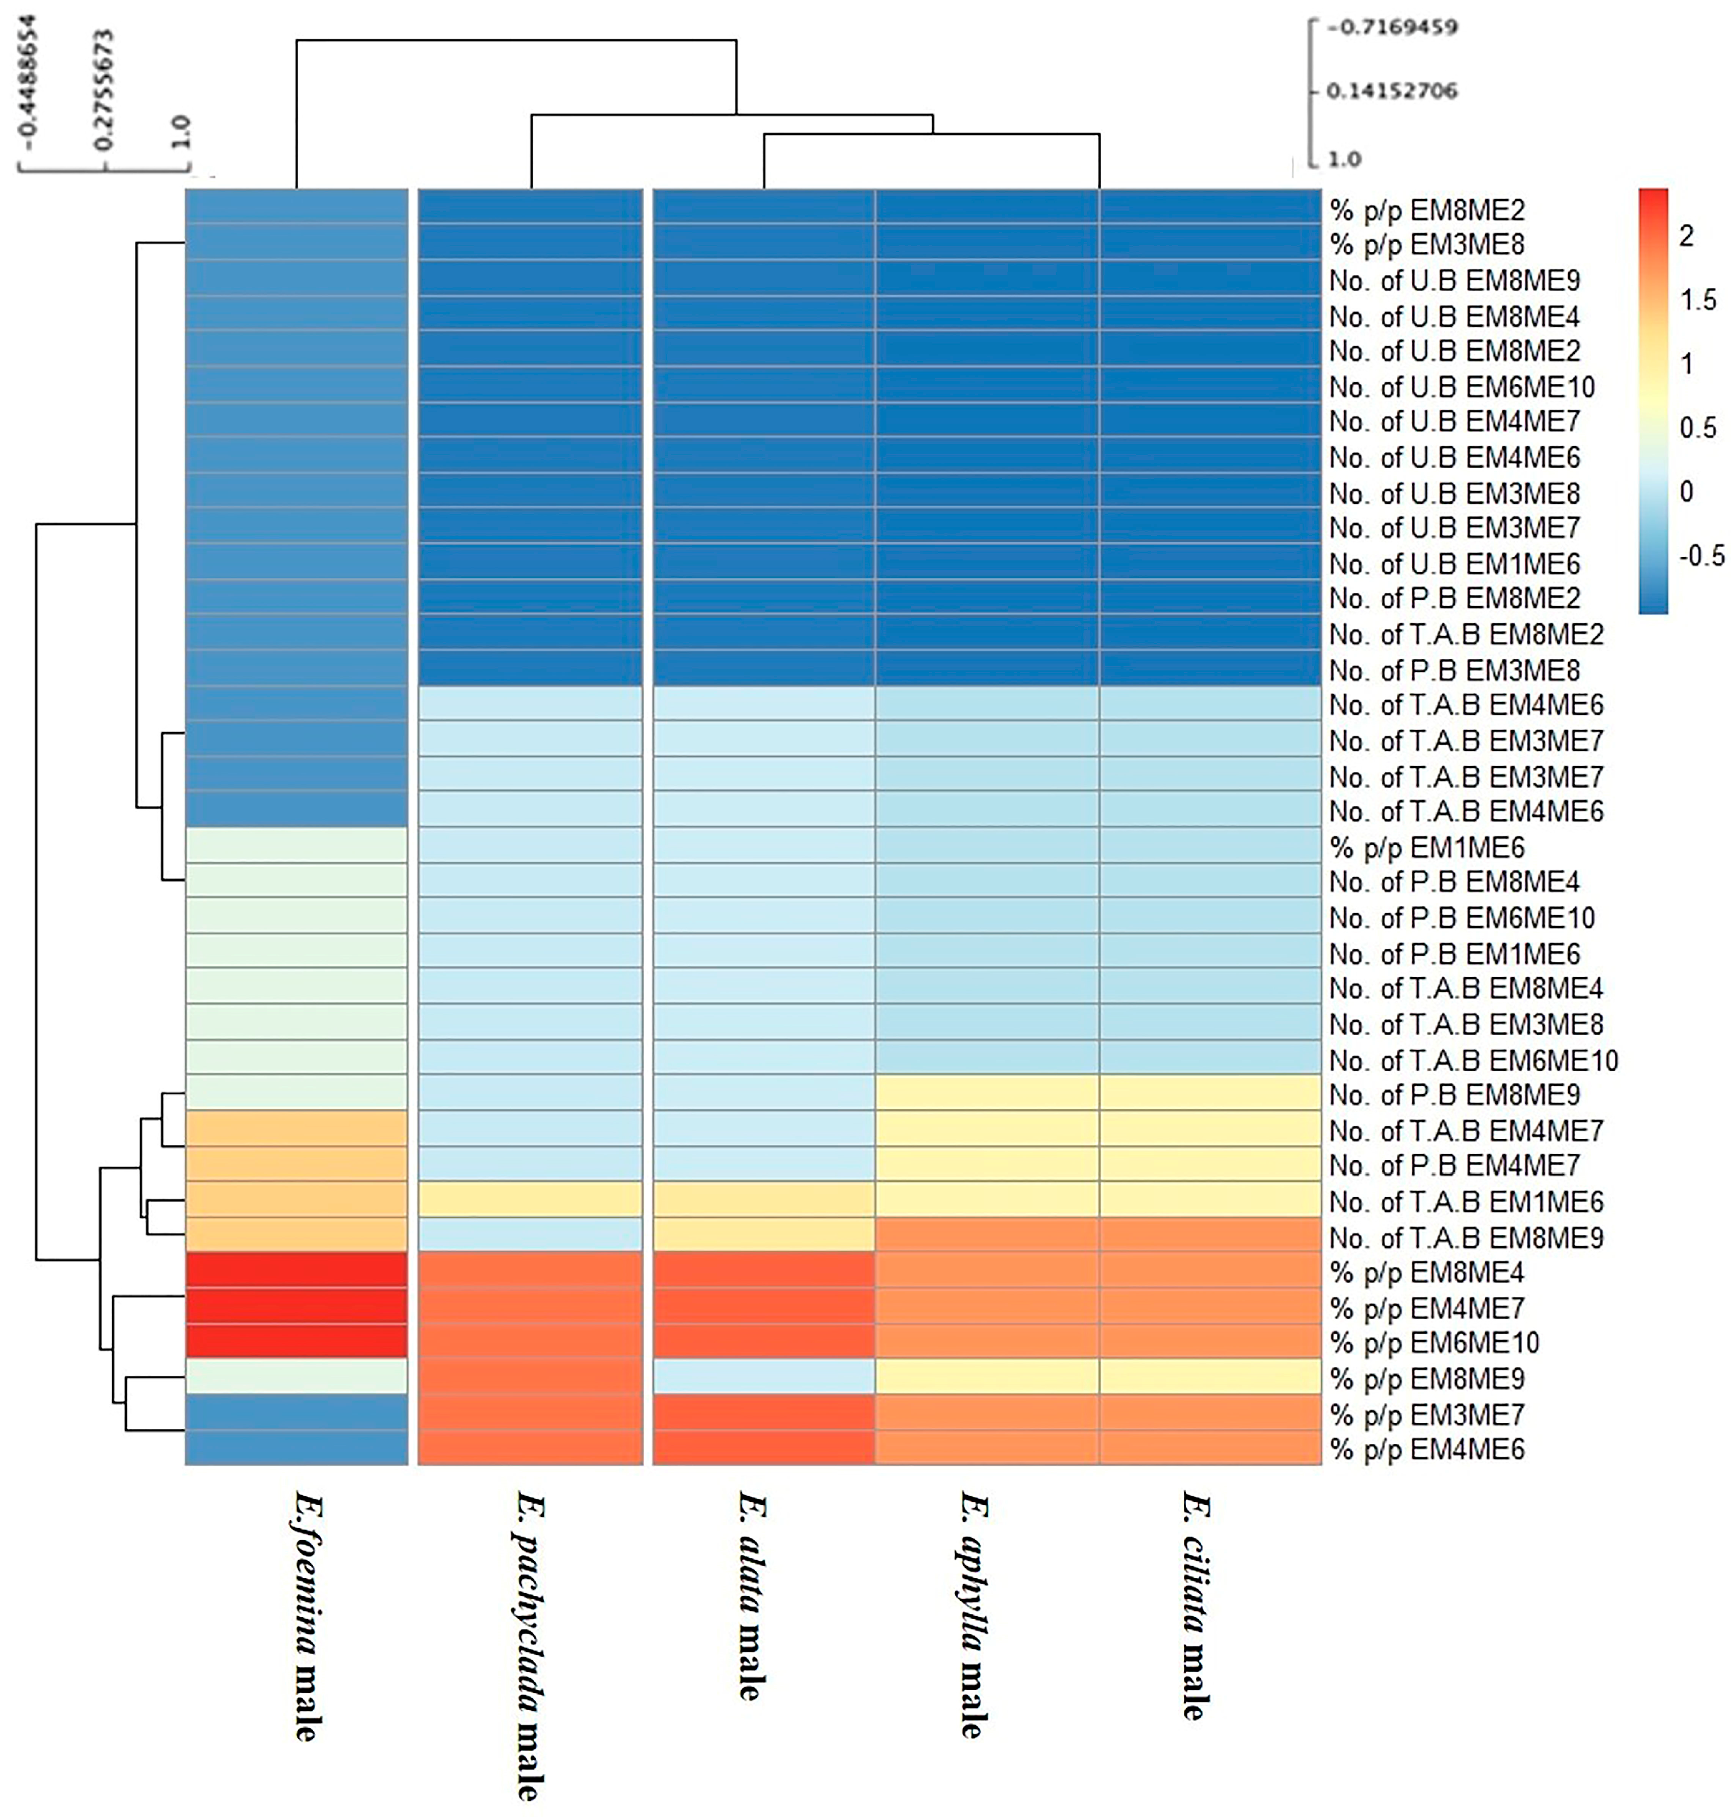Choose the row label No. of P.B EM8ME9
1454,1095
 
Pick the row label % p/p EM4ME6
1427,1450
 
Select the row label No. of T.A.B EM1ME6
1466,1201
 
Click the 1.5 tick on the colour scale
1698,300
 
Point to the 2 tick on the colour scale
1687,236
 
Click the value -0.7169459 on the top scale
1392,27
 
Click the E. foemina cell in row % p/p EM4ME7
296,1308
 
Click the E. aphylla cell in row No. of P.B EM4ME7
986,1165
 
